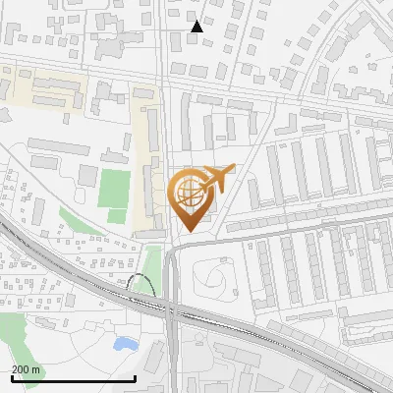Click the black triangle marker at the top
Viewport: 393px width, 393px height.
pos(196,27)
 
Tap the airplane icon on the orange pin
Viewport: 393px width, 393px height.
pos(216,180)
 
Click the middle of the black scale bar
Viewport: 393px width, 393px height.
pos(73,378)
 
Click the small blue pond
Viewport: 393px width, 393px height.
pos(125,344)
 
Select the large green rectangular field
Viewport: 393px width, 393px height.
pos(113,188)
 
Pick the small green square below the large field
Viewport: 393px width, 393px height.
pos(117,215)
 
